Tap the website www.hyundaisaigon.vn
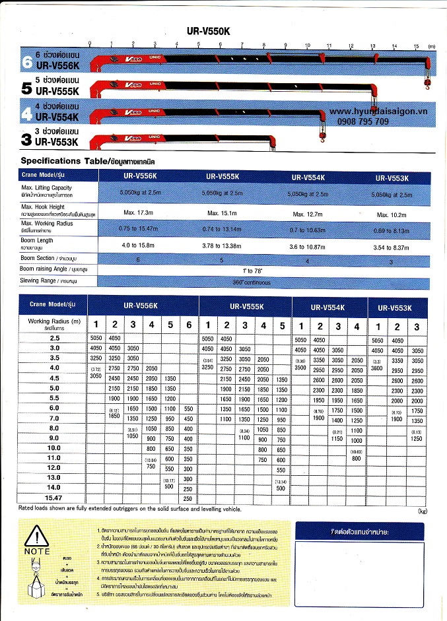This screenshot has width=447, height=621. click(378, 112)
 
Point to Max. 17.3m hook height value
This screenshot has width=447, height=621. click(138, 212)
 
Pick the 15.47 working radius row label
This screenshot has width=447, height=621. click(54, 498)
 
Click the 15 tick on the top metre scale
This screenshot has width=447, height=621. click(416, 46)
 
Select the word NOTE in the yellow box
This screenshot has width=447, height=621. click(37, 551)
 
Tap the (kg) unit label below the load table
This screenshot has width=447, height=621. click(423, 511)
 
